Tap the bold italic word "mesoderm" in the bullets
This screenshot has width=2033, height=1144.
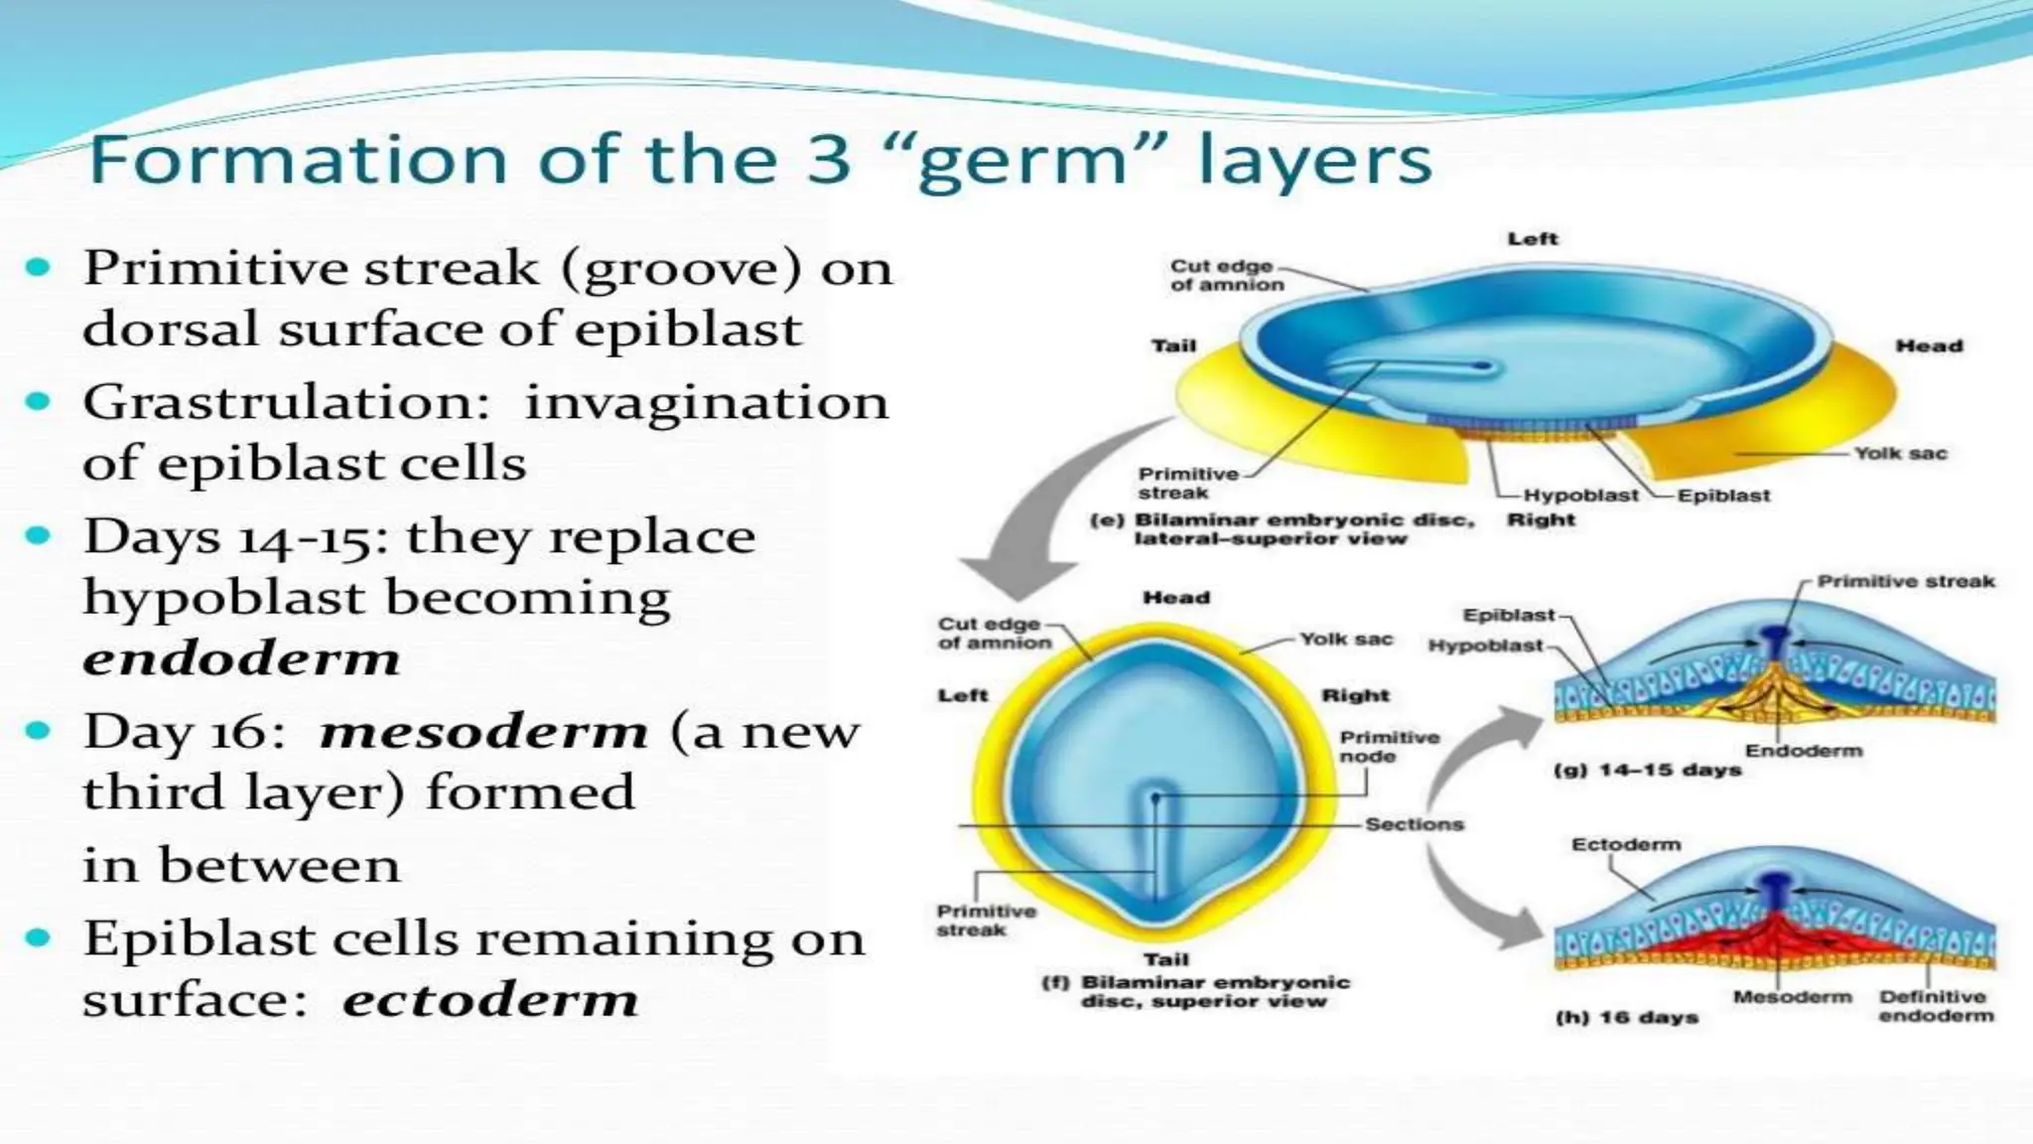pyautogui.click(x=483, y=733)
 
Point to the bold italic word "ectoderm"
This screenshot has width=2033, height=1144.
pyautogui.click(x=490, y=1000)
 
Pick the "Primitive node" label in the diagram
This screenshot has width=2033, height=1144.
pyautogui.click(x=1389, y=747)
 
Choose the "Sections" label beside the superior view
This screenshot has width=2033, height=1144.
pyautogui.click(x=1414, y=824)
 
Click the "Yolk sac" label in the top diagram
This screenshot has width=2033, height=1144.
pyautogui.click(x=1900, y=454)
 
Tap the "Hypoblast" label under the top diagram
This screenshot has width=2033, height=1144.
pyautogui.click(x=1580, y=496)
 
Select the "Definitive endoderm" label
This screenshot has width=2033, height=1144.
pyautogui.click(x=1935, y=1006)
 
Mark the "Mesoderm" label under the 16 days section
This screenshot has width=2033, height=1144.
pyautogui.click(x=1792, y=997)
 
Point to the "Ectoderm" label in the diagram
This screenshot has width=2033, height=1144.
pyautogui.click(x=1626, y=845)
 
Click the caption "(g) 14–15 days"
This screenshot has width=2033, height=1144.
pyautogui.click(x=1647, y=771)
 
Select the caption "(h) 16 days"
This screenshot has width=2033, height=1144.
pyautogui.click(x=1627, y=1018)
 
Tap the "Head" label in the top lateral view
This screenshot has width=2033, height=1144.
pyautogui.click(x=1929, y=347)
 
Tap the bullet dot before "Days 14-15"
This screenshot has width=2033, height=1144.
pyautogui.click(x=38, y=536)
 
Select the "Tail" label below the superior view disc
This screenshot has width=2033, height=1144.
pyautogui.click(x=1165, y=960)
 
